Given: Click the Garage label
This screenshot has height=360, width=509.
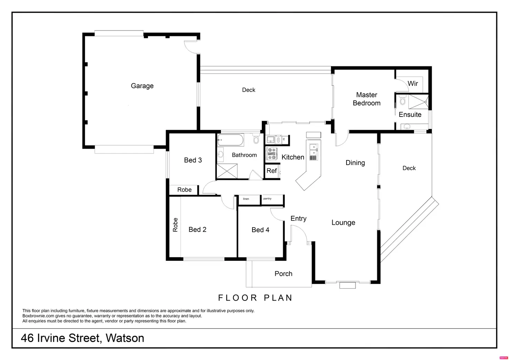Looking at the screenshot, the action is click(x=142, y=86).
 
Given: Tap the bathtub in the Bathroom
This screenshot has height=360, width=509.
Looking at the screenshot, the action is click(x=230, y=140).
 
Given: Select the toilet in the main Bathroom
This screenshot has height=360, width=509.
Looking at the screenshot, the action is click(x=256, y=139).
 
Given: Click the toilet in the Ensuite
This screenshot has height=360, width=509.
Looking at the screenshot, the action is click(x=402, y=101).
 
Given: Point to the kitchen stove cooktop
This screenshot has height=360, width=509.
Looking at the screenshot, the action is click(x=272, y=154).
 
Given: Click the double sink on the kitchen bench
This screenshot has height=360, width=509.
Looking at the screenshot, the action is click(x=313, y=149).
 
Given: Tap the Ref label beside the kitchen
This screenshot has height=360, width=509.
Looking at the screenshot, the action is click(x=271, y=171).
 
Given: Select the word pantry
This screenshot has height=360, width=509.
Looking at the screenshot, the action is click(x=267, y=199).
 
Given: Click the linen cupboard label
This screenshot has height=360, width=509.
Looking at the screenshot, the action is click(x=246, y=199).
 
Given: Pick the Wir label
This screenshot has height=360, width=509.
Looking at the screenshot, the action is click(x=413, y=83).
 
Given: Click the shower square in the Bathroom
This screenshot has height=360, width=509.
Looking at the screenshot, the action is click(x=227, y=171).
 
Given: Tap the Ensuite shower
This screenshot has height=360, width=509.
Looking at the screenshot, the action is click(x=418, y=101).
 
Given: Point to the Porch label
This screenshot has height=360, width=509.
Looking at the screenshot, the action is click(x=283, y=274).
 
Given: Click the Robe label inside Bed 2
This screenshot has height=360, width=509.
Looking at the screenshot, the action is click(x=175, y=225).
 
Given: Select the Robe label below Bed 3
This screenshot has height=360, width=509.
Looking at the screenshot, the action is click(x=184, y=190).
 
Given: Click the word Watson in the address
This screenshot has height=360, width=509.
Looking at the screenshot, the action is click(x=125, y=338).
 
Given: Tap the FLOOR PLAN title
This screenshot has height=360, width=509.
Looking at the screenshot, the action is click(x=255, y=298).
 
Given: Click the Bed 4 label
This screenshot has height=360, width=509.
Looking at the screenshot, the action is click(x=260, y=230).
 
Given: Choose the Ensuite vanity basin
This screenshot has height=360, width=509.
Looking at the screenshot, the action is click(x=407, y=127).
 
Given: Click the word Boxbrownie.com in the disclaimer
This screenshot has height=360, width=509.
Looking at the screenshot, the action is click(x=38, y=316).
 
